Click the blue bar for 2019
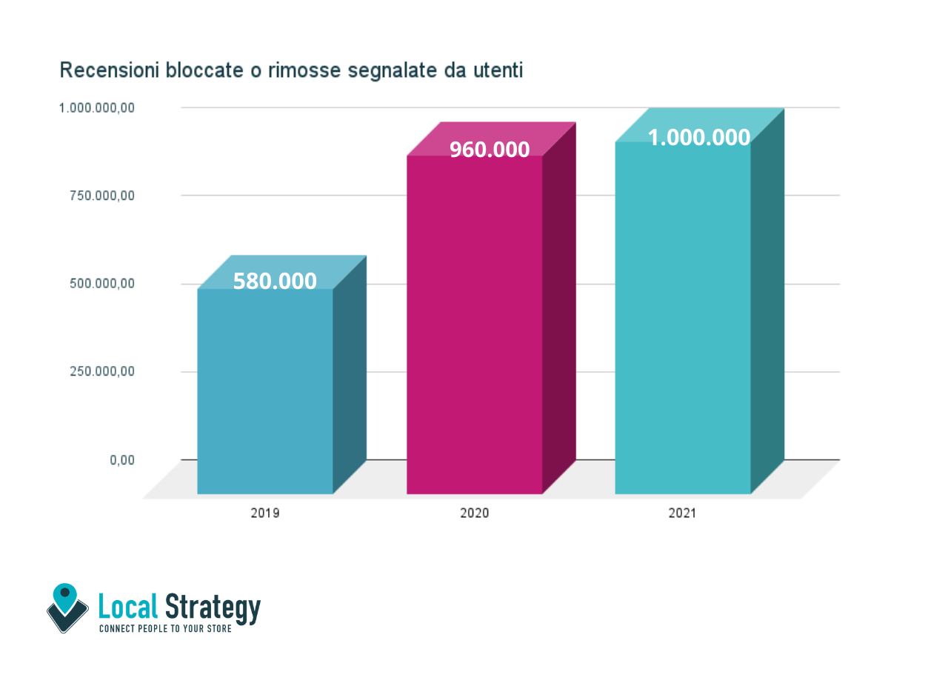(265, 393)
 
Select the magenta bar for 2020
(474, 326)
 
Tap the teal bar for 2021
(683, 319)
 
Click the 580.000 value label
(275, 282)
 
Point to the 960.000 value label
(490, 150)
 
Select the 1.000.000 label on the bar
(699, 138)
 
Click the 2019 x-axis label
(265, 513)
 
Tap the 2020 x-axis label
(474, 513)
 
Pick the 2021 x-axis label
(682, 513)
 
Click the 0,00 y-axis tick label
(123, 460)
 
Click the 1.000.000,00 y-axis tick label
(97, 108)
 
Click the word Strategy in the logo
(213, 608)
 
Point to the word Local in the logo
(128, 608)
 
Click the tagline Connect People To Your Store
(165, 629)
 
